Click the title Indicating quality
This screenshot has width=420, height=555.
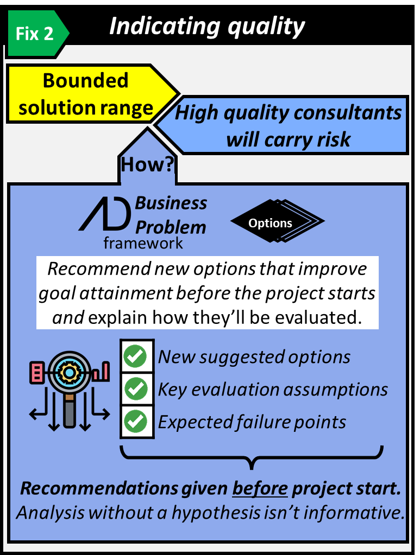click(x=207, y=27)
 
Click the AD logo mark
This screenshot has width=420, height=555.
click(x=105, y=215)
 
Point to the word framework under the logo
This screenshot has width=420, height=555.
click(x=143, y=243)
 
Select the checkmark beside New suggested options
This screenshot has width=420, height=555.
click(x=136, y=356)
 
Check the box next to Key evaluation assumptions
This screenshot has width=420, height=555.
click(x=136, y=389)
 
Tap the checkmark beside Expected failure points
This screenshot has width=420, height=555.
click(x=136, y=422)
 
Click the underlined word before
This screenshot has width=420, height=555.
click(x=260, y=489)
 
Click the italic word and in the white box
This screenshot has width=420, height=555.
click(x=68, y=318)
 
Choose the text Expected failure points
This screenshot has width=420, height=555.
click(x=252, y=422)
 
